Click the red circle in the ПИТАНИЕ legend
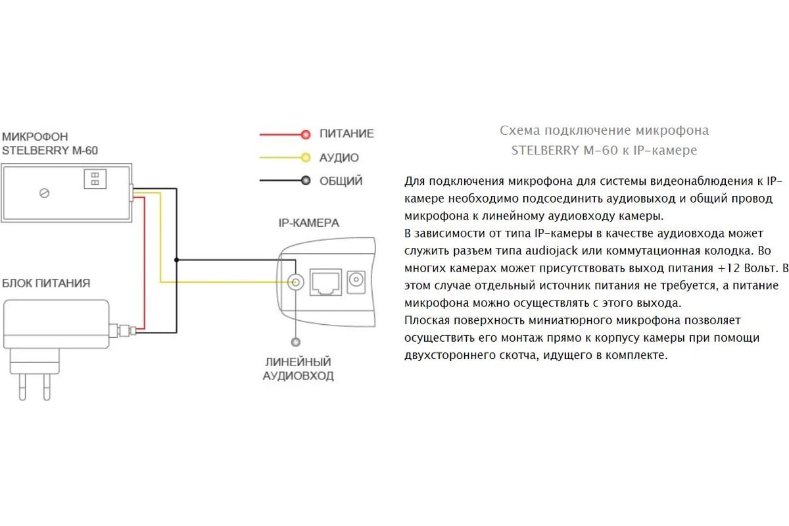pos(306,134)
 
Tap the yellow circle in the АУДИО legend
pos(306,158)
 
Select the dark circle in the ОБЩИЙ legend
pos(306,180)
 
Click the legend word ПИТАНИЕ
pos(347,133)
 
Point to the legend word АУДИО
pos(339,158)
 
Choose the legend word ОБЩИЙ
pos(341,180)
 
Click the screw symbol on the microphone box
pos(45,193)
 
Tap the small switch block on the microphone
pos(95,179)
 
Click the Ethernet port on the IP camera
pos(325,282)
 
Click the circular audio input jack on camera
pos(295,282)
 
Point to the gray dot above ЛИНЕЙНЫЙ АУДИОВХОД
pos(295,342)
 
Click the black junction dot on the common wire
pos(176,260)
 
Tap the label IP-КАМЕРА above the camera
pos(309,223)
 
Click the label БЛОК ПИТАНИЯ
pos(46,283)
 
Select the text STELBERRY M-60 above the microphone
pos(50,151)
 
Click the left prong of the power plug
pos(22,387)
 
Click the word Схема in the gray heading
pos(520,131)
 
